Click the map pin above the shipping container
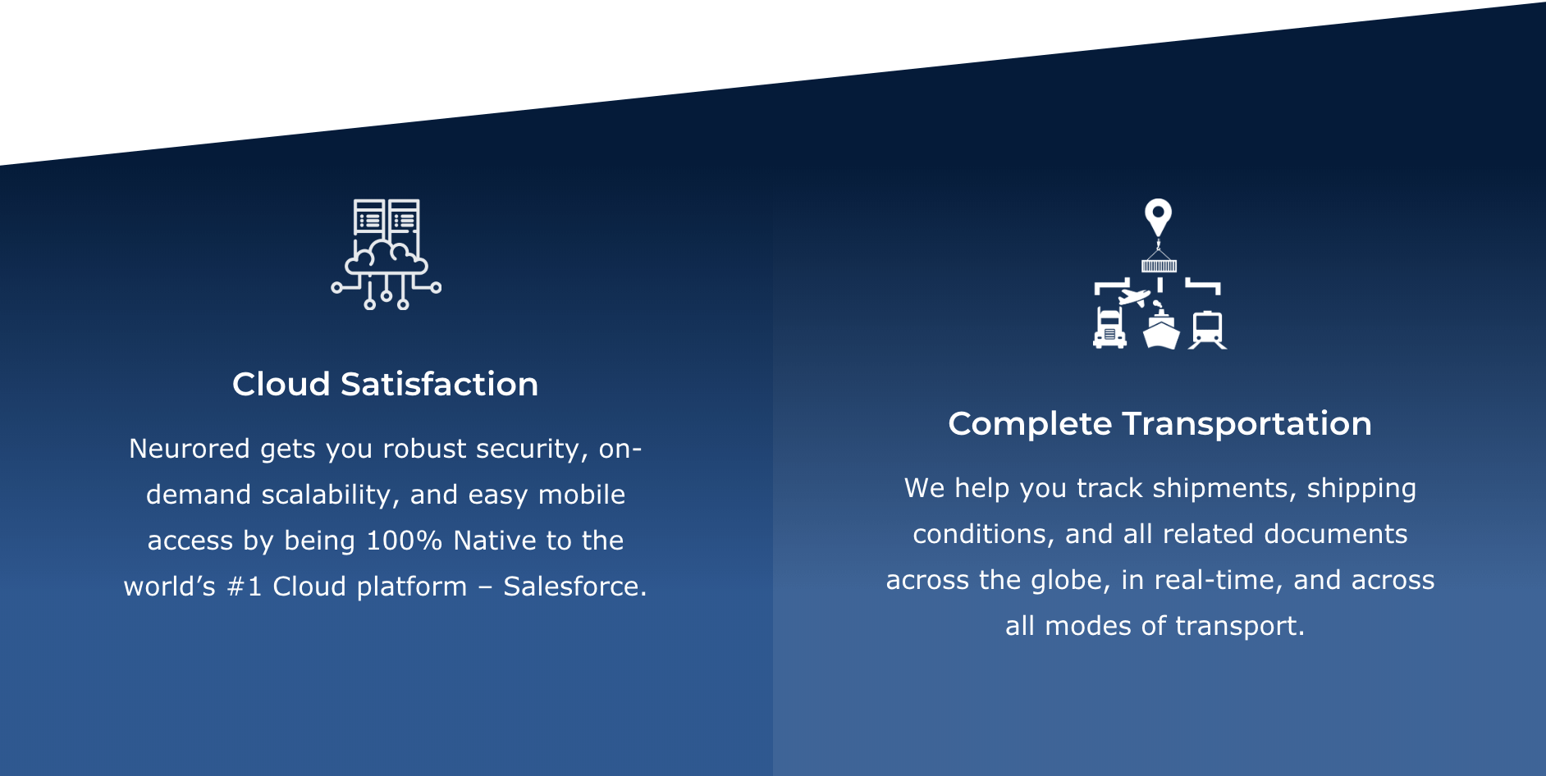point(1158,217)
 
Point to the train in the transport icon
point(1207,330)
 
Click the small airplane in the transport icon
point(1135,296)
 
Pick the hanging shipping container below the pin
point(1159,264)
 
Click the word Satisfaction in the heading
point(439,384)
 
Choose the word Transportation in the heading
point(1246,424)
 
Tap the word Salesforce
point(574,587)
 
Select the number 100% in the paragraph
point(404,541)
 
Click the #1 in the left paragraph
point(244,587)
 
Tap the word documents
point(1336,534)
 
